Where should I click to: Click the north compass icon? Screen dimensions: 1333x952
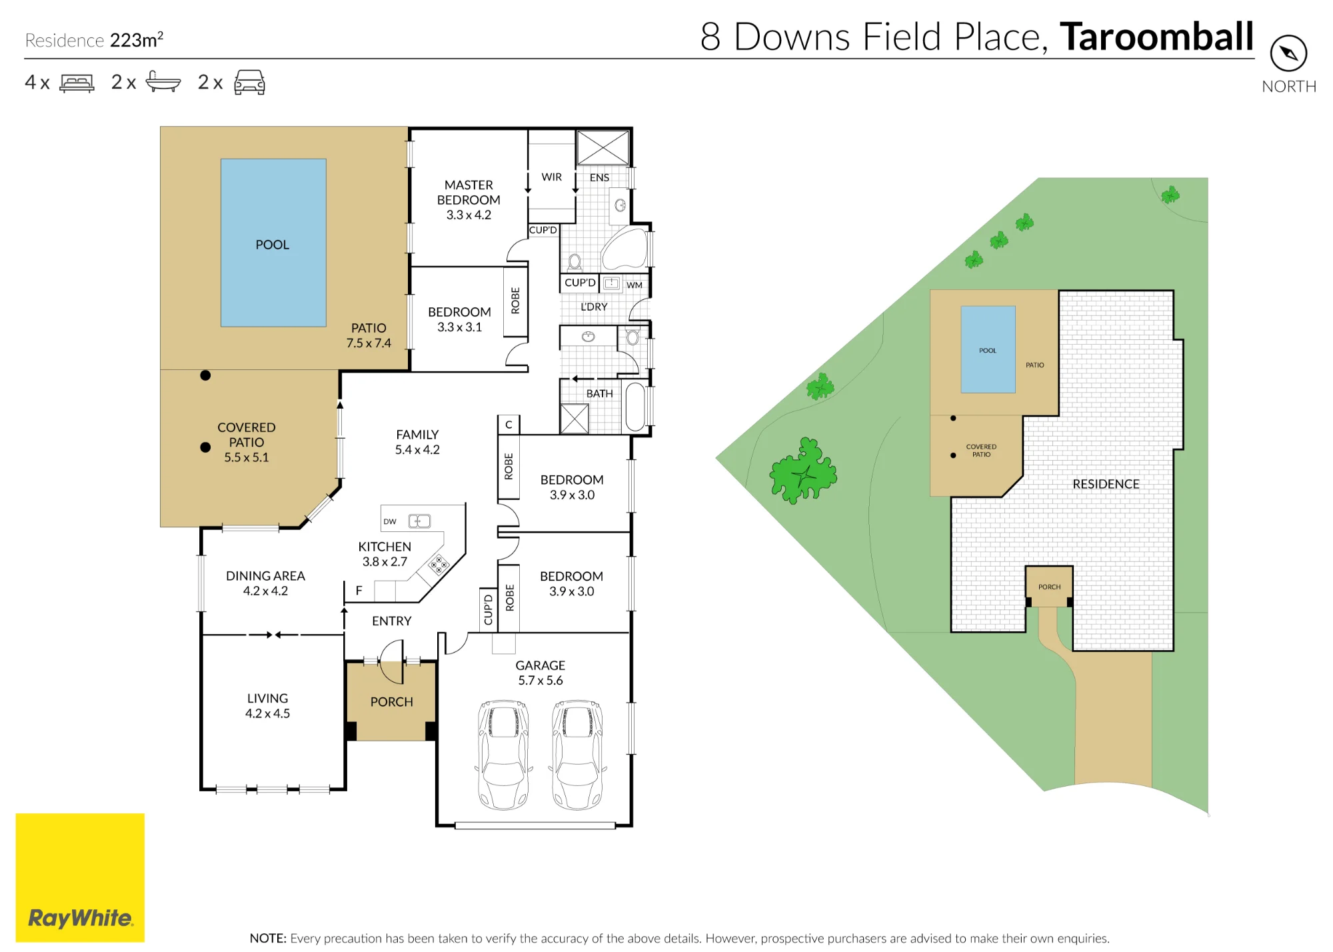pyautogui.click(x=1288, y=53)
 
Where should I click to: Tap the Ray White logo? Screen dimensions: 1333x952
pyautogui.click(x=80, y=877)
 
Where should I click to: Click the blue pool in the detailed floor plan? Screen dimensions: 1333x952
pyautogui.click(x=273, y=243)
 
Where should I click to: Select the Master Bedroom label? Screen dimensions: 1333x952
pyautogui.click(x=469, y=199)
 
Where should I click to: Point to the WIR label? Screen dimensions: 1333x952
pyautogui.click(x=551, y=177)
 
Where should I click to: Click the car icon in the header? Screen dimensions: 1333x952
pyautogui.click(x=249, y=82)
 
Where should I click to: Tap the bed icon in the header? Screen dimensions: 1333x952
pyautogui.click(x=77, y=83)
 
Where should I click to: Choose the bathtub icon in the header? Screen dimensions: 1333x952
pyautogui.click(x=163, y=81)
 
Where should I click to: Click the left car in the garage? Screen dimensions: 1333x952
pyautogui.click(x=504, y=755)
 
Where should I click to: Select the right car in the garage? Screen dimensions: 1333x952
pyautogui.click(x=577, y=755)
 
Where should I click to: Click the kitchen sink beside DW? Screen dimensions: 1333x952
pyautogui.click(x=419, y=521)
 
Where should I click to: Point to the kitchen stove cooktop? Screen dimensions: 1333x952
pyautogui.click(x=439, y=565)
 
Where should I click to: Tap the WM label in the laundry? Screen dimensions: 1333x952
pyautogui.click(x=635, y=285)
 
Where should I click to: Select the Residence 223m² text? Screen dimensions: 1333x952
pyautogui.click(x=94, y=40)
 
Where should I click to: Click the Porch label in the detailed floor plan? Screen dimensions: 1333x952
pyautogui.click(x=392, y=702)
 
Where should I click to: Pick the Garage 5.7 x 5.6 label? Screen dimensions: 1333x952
pyautogui.click(x=541, y=673)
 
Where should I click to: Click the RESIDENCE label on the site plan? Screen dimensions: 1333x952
pyautogui.click(x=1106, y=484)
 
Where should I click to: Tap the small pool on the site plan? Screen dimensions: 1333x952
pyautogui.click(x=988, y=349)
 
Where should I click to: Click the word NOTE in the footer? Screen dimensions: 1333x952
pyautogui.click(x=268, y=938)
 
